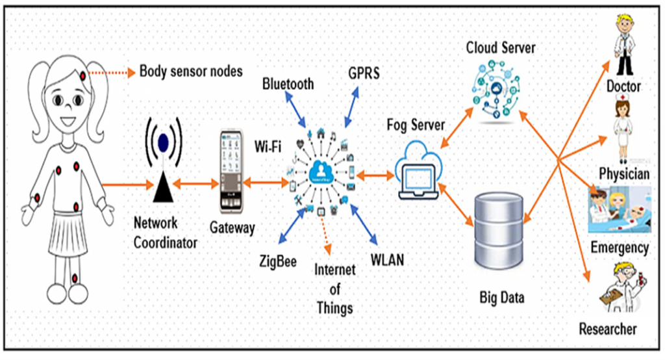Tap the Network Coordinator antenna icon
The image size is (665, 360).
162,162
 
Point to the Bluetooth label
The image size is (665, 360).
288,83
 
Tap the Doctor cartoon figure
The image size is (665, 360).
626,43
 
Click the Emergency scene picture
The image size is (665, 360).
619,209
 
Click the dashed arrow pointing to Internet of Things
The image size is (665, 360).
324,237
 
